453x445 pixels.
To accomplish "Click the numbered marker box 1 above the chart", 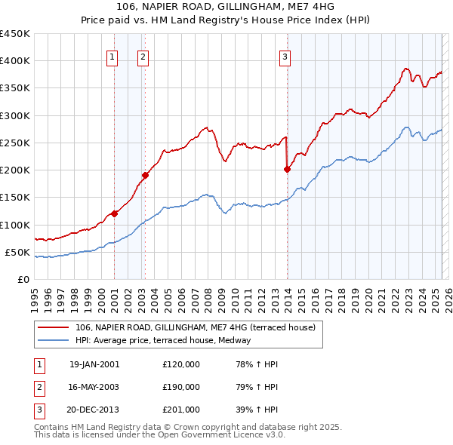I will [112, 55].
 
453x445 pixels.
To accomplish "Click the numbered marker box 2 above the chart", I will [143, 55].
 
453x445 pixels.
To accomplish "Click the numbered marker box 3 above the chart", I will [285, 55].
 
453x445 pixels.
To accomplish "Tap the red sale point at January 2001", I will [115, 213].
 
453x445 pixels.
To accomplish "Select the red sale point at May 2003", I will [145, 175].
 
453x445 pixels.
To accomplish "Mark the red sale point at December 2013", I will [288, 169].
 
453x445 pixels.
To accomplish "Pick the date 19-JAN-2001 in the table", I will [94, 364].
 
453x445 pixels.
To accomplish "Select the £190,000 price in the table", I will [181, 387].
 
